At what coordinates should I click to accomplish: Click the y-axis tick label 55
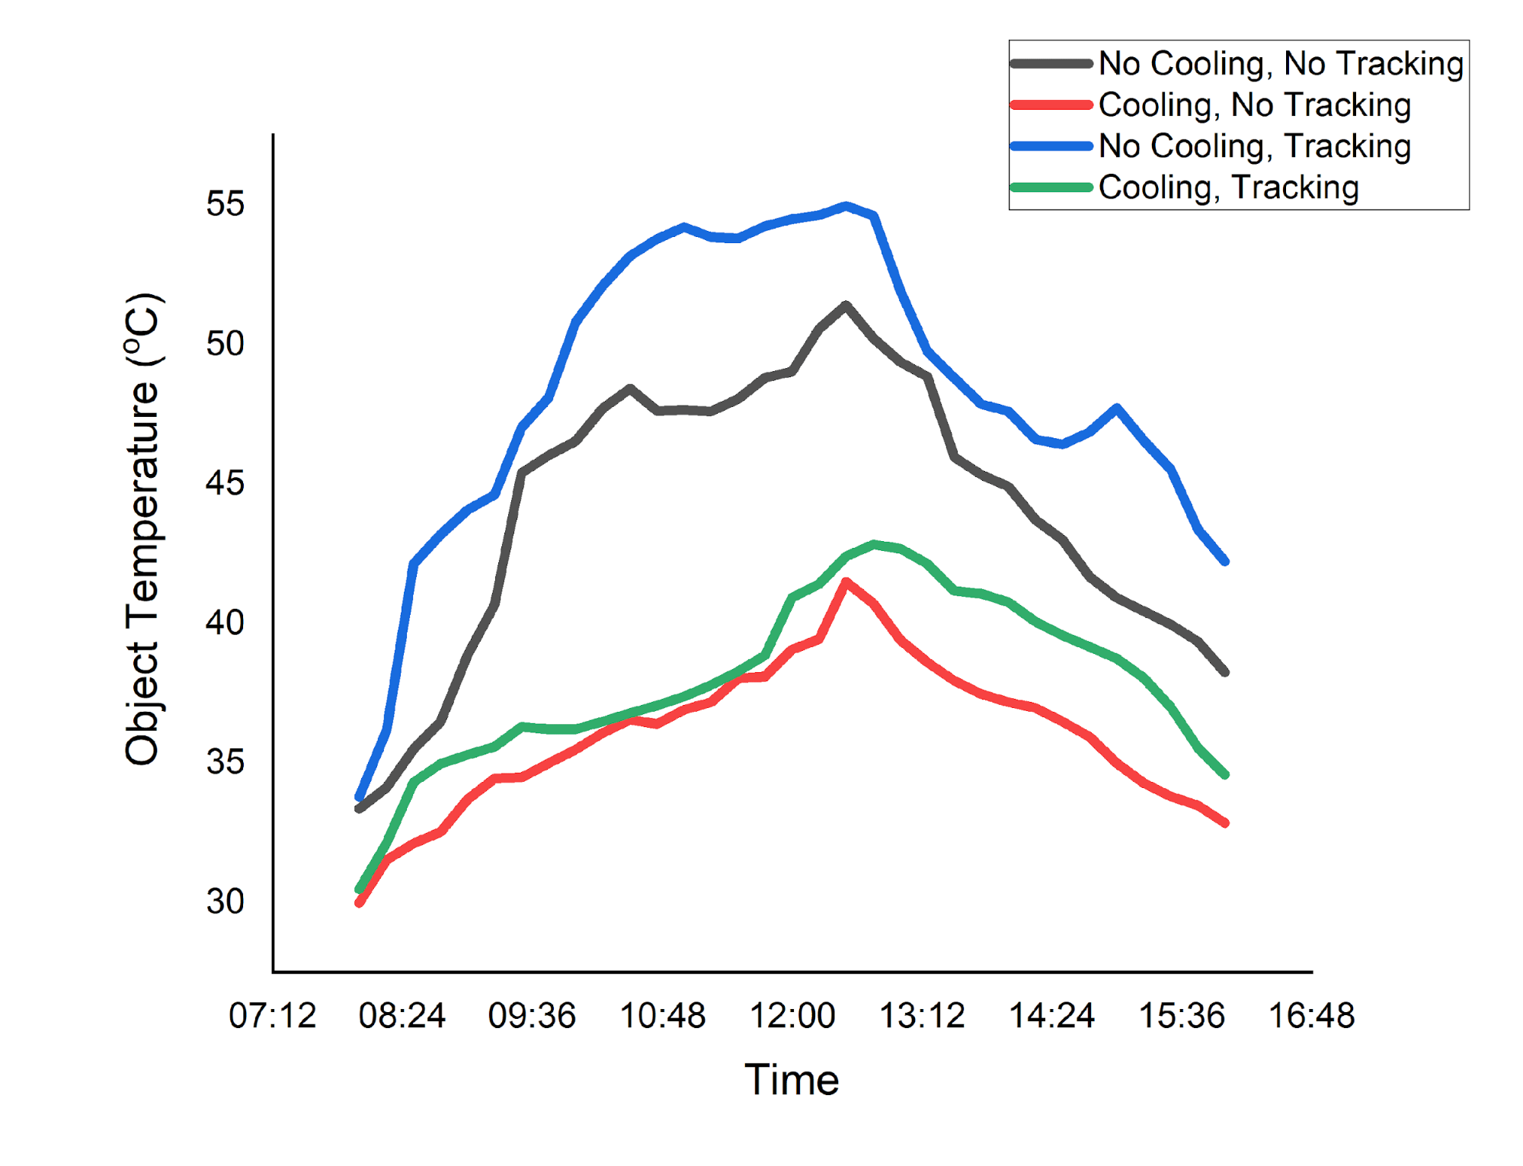[x=225, y=204]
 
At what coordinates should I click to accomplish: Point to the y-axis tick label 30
[x=225, y=902]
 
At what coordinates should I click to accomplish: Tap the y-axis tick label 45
[x=225, y=483]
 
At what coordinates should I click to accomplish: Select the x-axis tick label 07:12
[x=272, y=1016]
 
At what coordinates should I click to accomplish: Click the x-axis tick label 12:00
[x=792, y=1016]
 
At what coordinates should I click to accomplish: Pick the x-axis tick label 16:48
[x=1311, y=1016]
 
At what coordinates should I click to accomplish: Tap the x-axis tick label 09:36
[x=532, y=1016]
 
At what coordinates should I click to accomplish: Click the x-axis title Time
[x=792, y=1080]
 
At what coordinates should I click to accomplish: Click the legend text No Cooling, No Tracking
[x=1281, y=63]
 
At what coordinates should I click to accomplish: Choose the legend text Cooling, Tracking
[x=1228, y=187]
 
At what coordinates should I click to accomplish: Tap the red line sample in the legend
[x=1051, y=105]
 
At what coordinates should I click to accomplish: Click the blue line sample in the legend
[x=1051, y=146]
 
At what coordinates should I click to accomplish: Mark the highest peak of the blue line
[x=846, y=206]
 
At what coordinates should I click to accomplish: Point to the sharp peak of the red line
[x=846, y=582]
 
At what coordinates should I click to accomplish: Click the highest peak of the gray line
[x=846, y=305]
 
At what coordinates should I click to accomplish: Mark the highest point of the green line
[x=874, y=544]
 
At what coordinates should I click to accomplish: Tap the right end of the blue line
[x=1225, y=562]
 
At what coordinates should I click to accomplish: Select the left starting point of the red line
[x=360, y=903]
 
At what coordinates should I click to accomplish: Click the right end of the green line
[x=1225, y=774]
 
